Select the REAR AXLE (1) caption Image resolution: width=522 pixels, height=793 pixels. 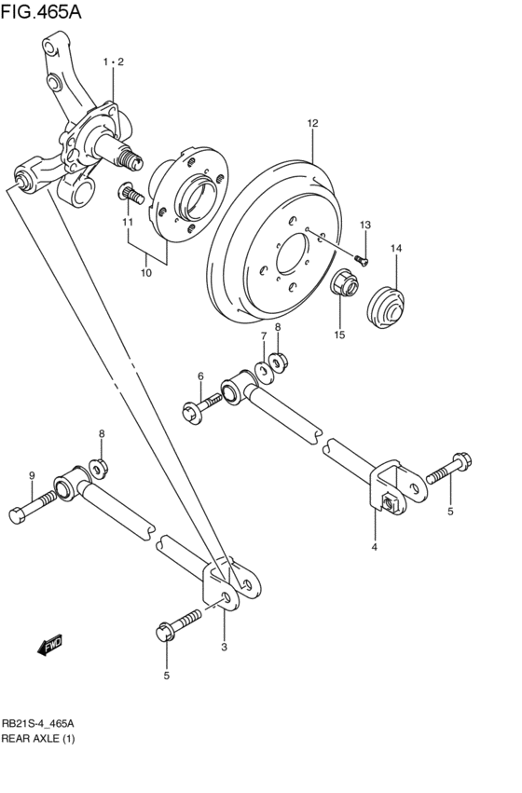click(x=37, y=739)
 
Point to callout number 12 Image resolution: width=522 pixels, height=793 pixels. click(x=312, y=123)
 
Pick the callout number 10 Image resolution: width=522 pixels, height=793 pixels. click(x=146, y=273)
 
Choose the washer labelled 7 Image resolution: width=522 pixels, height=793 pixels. click(x=263, y=374)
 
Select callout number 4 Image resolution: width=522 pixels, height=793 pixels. click(x=375, y=547)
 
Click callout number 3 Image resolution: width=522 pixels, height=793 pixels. click(x=224, y=646)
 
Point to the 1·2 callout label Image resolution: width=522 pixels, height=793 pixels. click(x=113, y=62)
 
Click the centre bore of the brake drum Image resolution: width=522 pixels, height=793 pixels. click(x=297, y=253)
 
